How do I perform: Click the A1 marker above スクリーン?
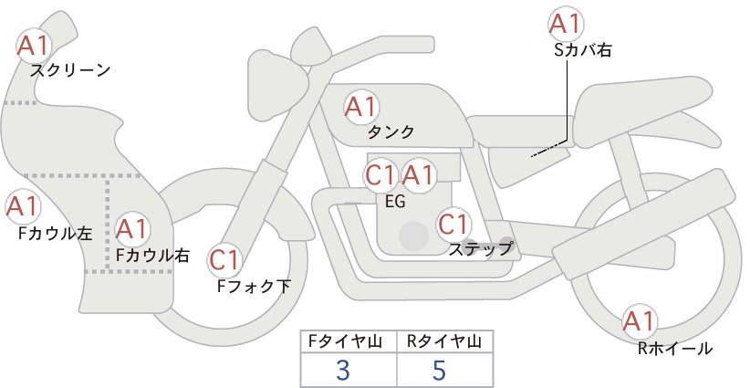pyautogui.click(x=34, y=46)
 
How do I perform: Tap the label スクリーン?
pyautogui.click(x=70, y=71)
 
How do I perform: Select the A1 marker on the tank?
pyautogui.click(x=361, y=107)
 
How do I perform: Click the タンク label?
pyautogui.click(x=391, y=132)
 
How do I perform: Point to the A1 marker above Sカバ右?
pyautogui.click(x=566, y=24)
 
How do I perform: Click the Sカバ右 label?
pyautogui.click(x=583, y=50)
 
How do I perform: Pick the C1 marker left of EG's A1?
pyautogui.click(x=381, y=175)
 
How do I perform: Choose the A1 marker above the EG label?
pyautogui.click(x=418, y=175)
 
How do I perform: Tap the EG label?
pyautogui.click(x=395, y=202)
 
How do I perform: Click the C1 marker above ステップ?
pyautogui.click(x=454, y=225)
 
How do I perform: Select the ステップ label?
pyautogui.click(x=481, y=249)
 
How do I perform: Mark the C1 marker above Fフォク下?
pyautogui.click(x=224, y=261)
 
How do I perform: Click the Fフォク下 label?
pyautogui.click(x=254, y=286)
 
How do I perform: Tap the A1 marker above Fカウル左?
pyautogui.click(x=23, y=207)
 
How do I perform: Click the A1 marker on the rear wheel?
pyautogui.click(x=639, y=321)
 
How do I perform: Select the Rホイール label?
pyautogui.click(x=675, y=349)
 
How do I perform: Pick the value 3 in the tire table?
pyautogui.click(x=343, y=370)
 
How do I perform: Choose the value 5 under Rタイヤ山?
pyautogui.click(x=439, y=370)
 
